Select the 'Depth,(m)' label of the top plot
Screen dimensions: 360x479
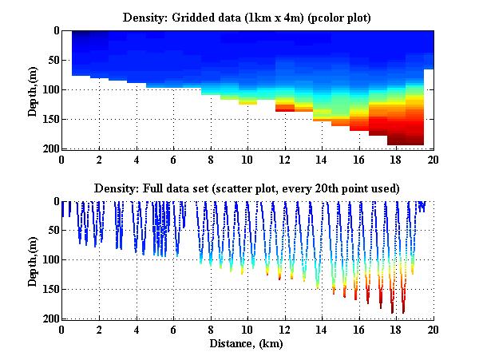pyautogui.click(x=33, y=89)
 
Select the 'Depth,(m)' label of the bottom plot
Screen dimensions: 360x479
pyautogui.click(x=33, y=260)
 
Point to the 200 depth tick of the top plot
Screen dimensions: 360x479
pyautogui.click(x=49, y=148)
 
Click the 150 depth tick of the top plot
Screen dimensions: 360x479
pyautogui.click(x=49, y=119)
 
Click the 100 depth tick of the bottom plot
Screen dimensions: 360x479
pyautogui.click(x=49, y=260)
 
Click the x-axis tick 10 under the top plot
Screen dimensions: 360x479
pyautogui.click(x=247, y=159)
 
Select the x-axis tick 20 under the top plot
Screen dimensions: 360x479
pyautogui.click(x=432, y=159)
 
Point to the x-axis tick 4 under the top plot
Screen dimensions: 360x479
pyautogui.click(x=137, y=159)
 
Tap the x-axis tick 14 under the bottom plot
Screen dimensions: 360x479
pyautogui.click(x=321, y=330)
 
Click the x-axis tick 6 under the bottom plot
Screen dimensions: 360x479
pyautogui.click(x=173, y=330)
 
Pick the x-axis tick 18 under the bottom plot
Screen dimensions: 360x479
pyautogui.click(x=395, y=330)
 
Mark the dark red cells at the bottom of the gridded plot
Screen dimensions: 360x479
pyautogui.click(x=405, y=140)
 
